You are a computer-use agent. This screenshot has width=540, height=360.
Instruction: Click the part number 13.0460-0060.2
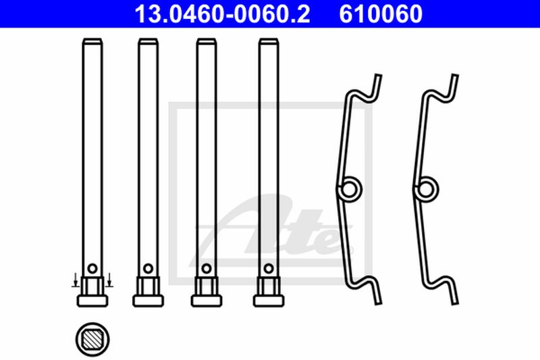pos(222,14)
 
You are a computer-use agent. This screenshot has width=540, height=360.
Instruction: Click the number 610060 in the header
pos(381,14)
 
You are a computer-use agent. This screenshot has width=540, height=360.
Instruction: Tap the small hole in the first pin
pos(92,268)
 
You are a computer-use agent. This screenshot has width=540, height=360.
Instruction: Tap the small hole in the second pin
pos(148,268)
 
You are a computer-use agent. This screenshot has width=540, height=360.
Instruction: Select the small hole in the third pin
pos(207,268)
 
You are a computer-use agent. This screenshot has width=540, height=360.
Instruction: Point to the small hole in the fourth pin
pos(269,268)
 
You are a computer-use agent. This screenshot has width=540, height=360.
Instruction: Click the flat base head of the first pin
pos(92,301)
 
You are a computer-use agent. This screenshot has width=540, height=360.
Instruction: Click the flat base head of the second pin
pos(148,301)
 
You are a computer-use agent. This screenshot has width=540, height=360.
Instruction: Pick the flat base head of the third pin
pos(207,301)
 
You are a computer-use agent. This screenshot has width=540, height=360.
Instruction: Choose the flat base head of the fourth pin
pos(269,301)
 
